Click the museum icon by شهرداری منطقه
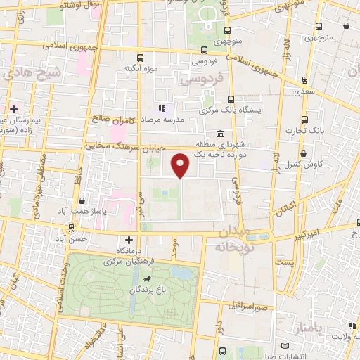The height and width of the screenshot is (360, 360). coord(221,134)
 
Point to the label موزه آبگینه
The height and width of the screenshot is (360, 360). coord(139,68)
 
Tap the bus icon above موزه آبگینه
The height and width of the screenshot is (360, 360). coord(140,58)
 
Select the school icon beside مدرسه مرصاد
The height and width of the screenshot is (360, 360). coord(162,109)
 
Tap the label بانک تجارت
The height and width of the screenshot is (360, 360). coord(304,130)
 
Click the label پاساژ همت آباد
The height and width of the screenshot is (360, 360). coord(83,212)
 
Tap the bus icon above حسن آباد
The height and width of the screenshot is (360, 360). coord(71,228)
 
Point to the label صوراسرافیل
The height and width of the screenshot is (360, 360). coord(245,307)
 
